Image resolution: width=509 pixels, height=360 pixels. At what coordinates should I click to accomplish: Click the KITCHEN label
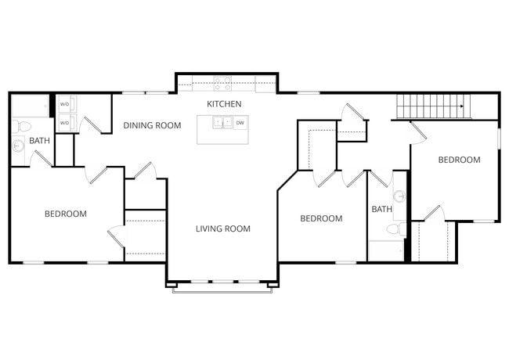[224, 104]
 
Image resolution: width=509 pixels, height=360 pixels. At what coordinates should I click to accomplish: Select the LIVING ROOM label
[222, 229]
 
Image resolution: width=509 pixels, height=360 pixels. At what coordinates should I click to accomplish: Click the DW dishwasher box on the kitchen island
[240, 123]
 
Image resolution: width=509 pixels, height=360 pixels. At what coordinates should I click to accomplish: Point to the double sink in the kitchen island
[222, 123]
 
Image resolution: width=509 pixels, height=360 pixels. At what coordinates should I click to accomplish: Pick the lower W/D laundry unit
[64, 123]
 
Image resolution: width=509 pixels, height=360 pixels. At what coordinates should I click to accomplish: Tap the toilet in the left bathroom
[23, 125]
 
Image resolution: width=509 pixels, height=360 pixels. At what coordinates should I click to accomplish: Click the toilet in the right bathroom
[400, 229]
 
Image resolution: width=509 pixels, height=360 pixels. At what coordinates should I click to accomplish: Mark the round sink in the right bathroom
[399, 196]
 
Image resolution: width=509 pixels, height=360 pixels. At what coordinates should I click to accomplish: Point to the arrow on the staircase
[461, 106]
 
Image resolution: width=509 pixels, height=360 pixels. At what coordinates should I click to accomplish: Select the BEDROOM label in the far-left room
[65, 214]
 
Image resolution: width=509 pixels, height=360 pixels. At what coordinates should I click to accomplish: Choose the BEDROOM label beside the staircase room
[459, 160]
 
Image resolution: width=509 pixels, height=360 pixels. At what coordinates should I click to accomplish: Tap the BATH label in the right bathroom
[381, 209]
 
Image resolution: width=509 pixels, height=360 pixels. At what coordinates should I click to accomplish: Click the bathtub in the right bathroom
[385, 250]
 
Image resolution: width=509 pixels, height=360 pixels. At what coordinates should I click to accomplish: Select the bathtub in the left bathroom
[30, 105]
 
